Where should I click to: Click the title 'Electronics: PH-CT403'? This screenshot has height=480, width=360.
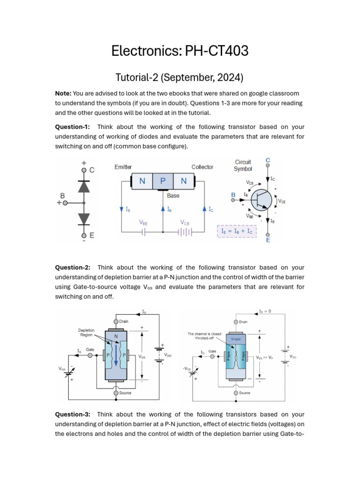[x=180, y=50]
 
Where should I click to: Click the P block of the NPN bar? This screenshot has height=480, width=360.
[x=163, y=181]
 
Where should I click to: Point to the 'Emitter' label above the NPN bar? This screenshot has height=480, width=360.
[x=123, y=167]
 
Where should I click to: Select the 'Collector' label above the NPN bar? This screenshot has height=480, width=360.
[x=202, y=167]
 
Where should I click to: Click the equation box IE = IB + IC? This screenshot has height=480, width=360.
[x=237, y=231]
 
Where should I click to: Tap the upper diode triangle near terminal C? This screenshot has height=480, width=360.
[x=84, y=186]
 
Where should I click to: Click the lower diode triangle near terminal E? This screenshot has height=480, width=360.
[x=84, y=218]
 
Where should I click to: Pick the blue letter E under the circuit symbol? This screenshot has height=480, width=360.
[x=268, y=240]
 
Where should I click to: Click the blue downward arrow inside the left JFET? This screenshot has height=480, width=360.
[x=115, y=356]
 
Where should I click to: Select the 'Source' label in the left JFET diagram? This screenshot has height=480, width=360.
[x=125, y=393]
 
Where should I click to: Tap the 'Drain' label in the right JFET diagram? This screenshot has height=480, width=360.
[x=243, y=322]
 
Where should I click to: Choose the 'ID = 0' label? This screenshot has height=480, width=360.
[x=265, y=311]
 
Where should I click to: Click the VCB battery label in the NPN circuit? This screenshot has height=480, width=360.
[x=185, y=223]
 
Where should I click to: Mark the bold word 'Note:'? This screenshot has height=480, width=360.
[x=63, y=94]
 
